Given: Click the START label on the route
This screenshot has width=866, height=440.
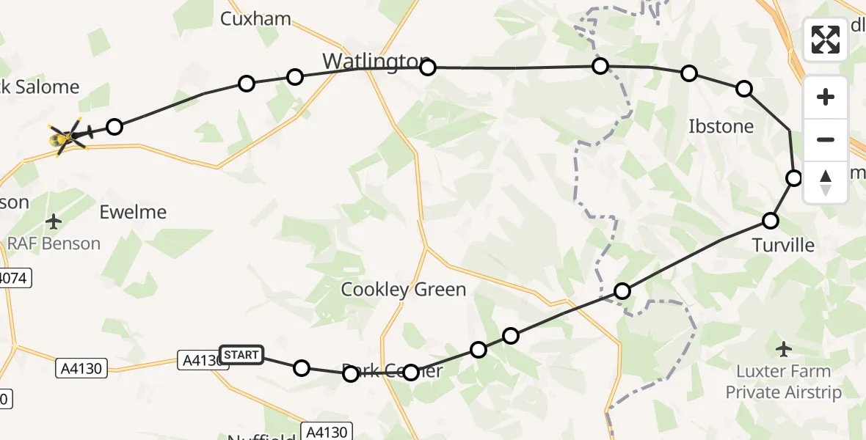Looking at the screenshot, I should tap(241, 355).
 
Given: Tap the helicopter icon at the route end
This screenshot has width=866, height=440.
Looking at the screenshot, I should tap(70, 136).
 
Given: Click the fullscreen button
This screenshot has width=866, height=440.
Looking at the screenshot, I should tap(826, 40).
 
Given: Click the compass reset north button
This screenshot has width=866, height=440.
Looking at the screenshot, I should tap(826, 182).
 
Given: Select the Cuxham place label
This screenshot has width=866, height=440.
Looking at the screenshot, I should tap(255, 18).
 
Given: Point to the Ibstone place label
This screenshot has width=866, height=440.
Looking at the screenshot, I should tap(721, 126).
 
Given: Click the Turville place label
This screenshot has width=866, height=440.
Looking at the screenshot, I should tap(783, 245).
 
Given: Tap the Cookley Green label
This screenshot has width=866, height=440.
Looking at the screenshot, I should tap(404, 290).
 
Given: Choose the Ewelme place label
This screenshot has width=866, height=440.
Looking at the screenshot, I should tap(133, 213).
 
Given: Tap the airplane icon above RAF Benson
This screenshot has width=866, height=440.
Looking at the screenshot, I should tap(54, 221).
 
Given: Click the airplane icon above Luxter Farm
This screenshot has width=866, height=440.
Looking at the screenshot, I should tap(784, 348).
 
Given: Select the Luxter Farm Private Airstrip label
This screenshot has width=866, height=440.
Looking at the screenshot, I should tap(783, 382).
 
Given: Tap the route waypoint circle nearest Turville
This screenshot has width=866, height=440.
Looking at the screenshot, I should tap(771, 220).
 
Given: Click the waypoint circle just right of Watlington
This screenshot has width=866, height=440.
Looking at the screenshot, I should tap(428, 67).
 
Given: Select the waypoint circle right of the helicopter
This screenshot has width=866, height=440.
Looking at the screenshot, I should tap(114, 127).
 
